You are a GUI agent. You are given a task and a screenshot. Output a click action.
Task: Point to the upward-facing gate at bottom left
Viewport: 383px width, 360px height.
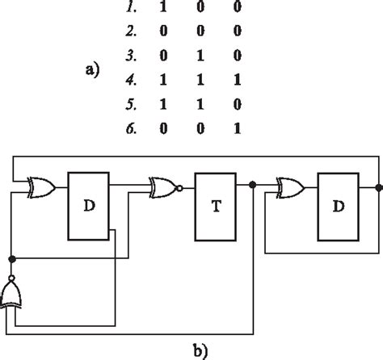(x=13, y=296)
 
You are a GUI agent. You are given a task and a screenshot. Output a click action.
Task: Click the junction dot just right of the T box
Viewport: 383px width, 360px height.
(x=253, y=186)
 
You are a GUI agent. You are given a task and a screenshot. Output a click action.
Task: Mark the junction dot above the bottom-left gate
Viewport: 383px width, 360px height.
(x=12, y=260)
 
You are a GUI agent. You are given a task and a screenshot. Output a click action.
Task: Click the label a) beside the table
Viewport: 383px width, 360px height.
(x=92, y=70)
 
